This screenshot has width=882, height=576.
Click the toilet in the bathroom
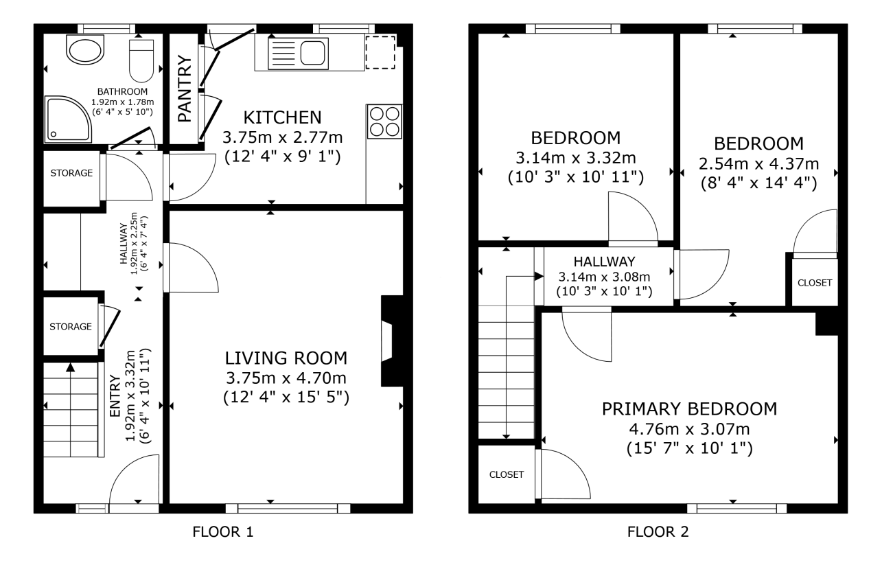tap(141, 60)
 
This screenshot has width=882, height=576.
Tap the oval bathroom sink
tap(85, 49)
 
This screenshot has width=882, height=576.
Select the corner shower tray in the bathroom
tap(68, 119)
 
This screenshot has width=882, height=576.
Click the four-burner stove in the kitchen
tap(384, 122)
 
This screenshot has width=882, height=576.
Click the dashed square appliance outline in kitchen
tap(380, 52)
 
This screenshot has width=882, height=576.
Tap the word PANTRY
tap(184, 89)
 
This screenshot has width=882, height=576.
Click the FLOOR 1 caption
tap(223, 532)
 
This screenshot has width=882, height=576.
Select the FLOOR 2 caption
tap(658, 532)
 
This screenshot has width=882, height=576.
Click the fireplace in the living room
tap(392, 341)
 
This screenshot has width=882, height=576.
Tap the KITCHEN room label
tap(282, 117)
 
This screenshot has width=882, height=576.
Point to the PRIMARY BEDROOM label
tap(689, 409)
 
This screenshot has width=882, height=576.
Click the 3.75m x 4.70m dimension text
tap(286, 378)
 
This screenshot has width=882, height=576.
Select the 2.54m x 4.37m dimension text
tap(758, 164)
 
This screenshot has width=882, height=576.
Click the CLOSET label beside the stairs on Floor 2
tap(507, 475)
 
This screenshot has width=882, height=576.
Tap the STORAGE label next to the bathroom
tap(71, 173)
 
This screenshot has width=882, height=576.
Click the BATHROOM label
tap(122, 92)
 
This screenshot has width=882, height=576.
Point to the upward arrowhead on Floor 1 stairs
tap(71, 368)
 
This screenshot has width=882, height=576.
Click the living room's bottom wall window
tap(288, 508)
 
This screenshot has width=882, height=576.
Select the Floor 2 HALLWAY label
tap(604, 262)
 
